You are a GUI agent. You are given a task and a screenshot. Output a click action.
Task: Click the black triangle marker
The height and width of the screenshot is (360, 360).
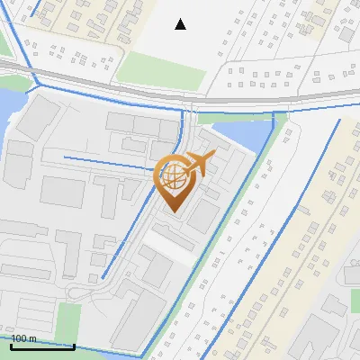click(x=181, y=24)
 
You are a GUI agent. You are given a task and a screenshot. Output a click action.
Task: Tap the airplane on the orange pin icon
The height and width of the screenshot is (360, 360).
click(x=199, y=163)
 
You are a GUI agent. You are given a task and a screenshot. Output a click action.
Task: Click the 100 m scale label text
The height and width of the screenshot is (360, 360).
click(x=24, y=338)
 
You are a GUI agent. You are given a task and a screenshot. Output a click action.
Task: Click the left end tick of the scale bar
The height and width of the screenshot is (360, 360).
click(x=11, y=344)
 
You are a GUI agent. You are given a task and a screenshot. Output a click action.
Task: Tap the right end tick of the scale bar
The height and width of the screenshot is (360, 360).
click(x=74, y=344)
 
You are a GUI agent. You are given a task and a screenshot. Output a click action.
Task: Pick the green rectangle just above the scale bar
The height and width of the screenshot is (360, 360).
click(x=68, y=319)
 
